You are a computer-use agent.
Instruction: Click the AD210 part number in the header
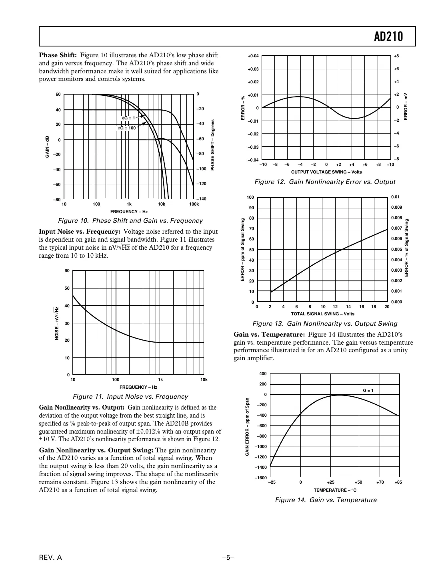click(x=388, y=37)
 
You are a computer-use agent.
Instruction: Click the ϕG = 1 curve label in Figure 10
click(x=129, y=118)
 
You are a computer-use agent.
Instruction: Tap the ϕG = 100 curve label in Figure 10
click(x=126, y=128)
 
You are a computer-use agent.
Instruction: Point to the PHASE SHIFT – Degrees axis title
click(x=213, y=145)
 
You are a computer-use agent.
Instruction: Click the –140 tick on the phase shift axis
click(x=201, y=199)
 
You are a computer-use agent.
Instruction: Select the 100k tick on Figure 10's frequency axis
click(x=194, y=204)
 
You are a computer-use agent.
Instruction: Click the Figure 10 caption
click(x=130, y=221)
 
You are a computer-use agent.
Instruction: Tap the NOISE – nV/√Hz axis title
click(x=57, y=323)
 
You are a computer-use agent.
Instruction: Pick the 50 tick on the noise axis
click(x=67, y=289)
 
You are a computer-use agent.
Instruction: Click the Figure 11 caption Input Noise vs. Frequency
click(x=130, y=397)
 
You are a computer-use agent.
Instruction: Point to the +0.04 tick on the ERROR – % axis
click(x=253, y=56)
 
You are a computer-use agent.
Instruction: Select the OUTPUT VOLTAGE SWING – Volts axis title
click(x=326, y=172)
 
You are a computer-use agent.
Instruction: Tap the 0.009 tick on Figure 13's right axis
click(x=396, y=208)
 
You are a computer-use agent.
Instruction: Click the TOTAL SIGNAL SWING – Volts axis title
click(x=322, y=314)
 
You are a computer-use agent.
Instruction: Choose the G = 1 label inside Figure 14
click(x=368, y=390)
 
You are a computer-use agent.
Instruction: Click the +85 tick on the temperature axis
click(x=398, y=482)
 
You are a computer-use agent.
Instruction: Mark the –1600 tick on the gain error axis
click(x=261, y=478)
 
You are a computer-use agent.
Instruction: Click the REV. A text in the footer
click(x=50, y=558)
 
